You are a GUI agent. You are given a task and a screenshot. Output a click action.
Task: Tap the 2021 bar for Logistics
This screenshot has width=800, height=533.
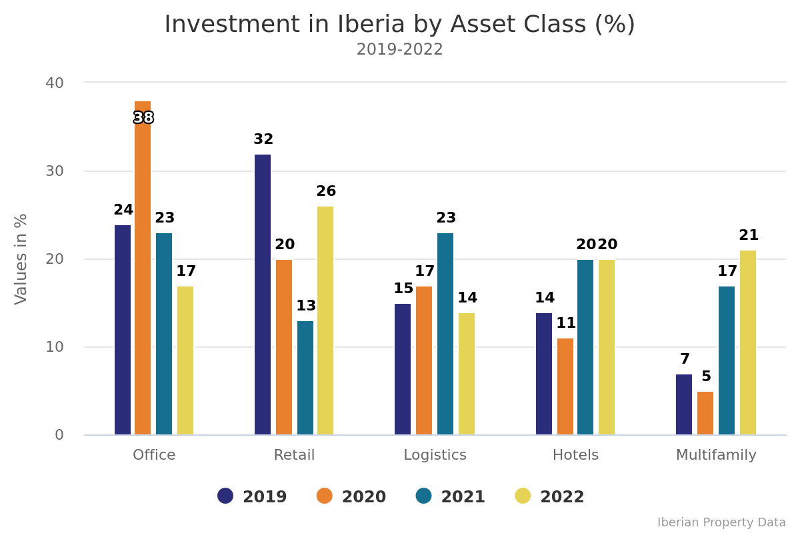445,334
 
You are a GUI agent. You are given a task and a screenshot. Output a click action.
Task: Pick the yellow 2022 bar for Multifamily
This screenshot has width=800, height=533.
748,342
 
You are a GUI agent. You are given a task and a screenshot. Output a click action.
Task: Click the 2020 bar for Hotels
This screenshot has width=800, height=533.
565,386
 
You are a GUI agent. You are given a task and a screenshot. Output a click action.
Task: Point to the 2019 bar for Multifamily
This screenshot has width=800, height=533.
684,404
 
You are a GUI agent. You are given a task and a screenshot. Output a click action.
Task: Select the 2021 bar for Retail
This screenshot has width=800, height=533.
305,378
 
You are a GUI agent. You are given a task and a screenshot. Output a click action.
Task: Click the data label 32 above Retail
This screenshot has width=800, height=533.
263,140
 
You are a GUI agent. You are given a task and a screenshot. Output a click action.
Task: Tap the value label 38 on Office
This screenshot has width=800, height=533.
143,119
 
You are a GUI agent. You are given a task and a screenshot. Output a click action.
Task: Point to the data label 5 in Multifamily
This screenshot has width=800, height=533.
706,377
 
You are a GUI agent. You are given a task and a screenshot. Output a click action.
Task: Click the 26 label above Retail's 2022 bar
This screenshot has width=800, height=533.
326,192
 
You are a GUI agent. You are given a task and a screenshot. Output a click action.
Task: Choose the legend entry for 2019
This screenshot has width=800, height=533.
253,497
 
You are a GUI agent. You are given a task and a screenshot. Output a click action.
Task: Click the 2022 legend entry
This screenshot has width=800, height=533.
550,497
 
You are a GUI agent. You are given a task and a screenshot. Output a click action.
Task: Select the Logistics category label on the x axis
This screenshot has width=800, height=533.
435,456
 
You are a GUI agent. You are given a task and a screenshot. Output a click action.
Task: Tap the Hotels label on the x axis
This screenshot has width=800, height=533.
575,456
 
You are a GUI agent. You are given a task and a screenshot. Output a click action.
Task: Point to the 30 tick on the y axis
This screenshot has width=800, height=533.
55,171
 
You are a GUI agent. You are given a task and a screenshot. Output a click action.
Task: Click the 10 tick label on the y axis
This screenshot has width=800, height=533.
55,347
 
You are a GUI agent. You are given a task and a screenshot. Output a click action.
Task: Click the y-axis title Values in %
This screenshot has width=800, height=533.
21,259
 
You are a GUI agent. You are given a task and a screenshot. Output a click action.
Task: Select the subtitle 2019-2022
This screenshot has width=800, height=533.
399,50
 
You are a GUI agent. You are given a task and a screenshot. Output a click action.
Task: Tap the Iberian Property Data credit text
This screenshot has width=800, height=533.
721,523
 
